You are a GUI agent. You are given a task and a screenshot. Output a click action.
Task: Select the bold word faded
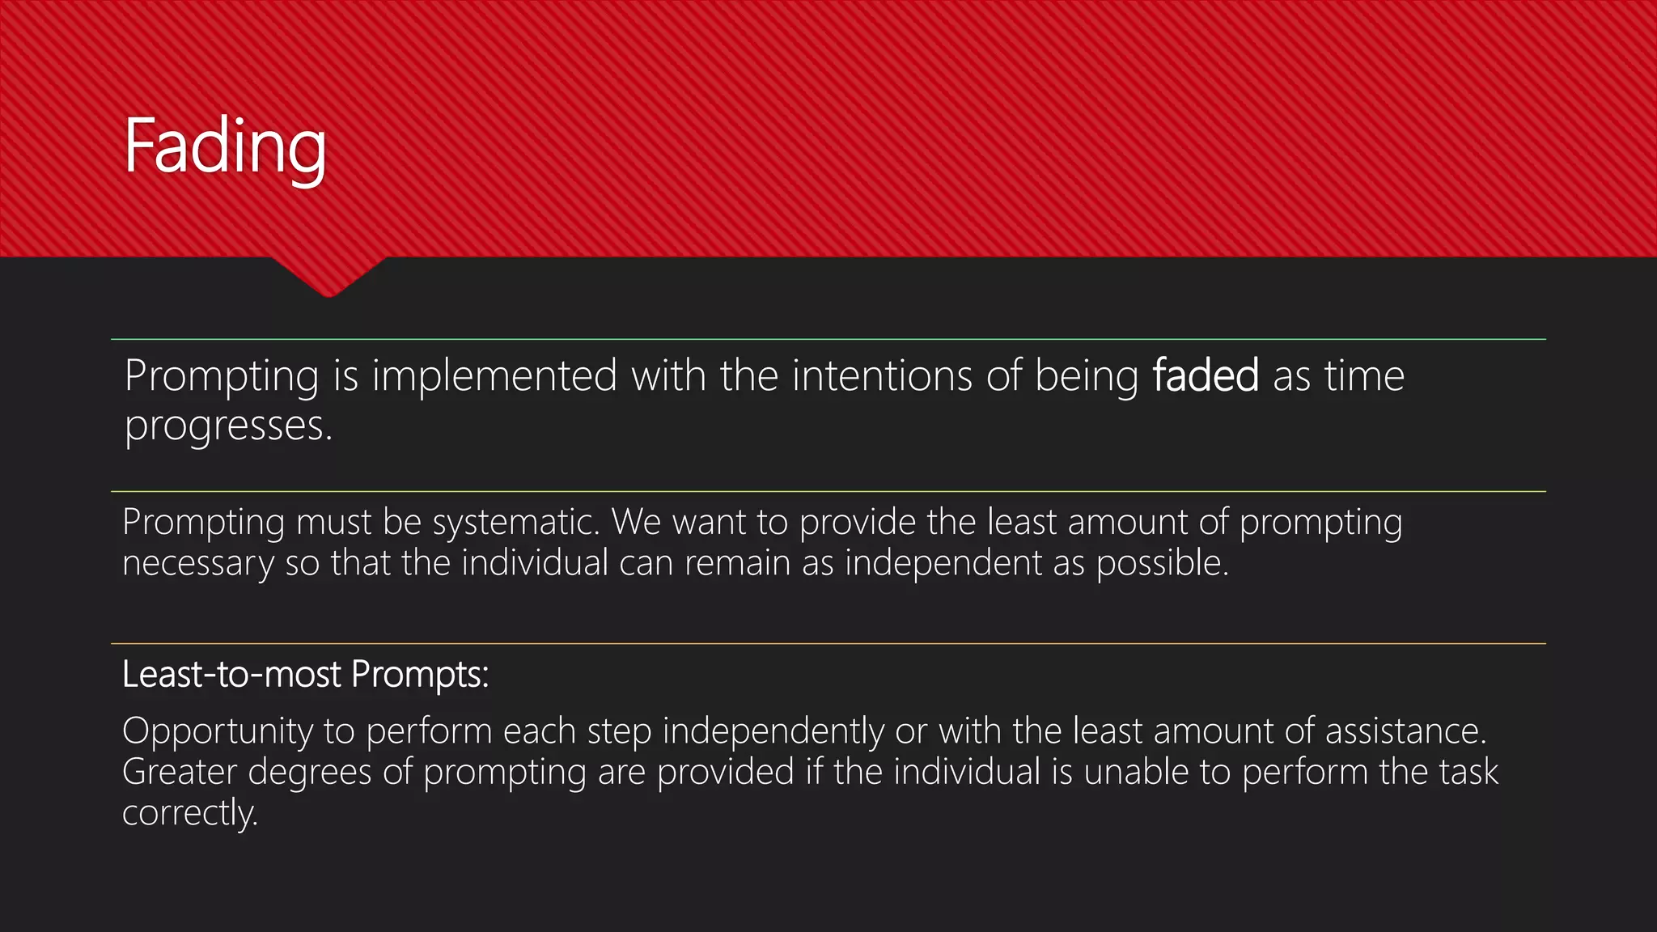pos(1206,375)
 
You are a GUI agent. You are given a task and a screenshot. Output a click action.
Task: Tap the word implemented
pos(494,375)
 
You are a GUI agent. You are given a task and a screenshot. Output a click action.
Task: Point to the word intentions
pos(882,375)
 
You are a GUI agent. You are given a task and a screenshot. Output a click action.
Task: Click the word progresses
pos(228,426)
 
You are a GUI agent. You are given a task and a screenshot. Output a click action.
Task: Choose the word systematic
pos(516,523)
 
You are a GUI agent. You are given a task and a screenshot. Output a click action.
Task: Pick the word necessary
pos(198,564)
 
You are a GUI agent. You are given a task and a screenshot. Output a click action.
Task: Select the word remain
pos(737,563)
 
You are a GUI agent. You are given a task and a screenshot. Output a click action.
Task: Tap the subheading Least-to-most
pos(231,674)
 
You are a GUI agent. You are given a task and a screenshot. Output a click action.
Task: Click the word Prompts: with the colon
pos(420,674)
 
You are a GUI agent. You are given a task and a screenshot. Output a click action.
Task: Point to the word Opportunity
pos(217,732)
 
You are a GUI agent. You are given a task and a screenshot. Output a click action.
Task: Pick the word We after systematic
pos(636,523)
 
